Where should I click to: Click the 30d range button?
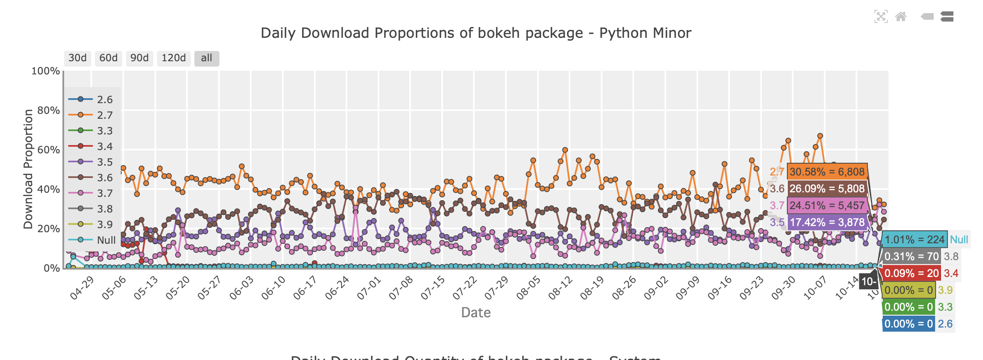coord(77,58)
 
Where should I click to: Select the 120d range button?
coord(173,58)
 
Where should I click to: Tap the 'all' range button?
coord(206,58)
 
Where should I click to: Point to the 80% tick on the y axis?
coord(48,110)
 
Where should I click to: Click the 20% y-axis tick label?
coord(48,228)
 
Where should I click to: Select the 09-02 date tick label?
coord(656,288)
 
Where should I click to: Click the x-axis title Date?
coord(476,313)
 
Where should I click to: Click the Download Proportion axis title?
coord(28,169)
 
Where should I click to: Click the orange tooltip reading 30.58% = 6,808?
coord(827,172)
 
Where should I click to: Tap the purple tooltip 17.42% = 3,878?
coord(827,222)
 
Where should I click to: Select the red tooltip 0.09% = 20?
coord(911,273)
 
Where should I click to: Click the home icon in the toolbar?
coord(901,16)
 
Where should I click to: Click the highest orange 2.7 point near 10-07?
coord(820,136)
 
